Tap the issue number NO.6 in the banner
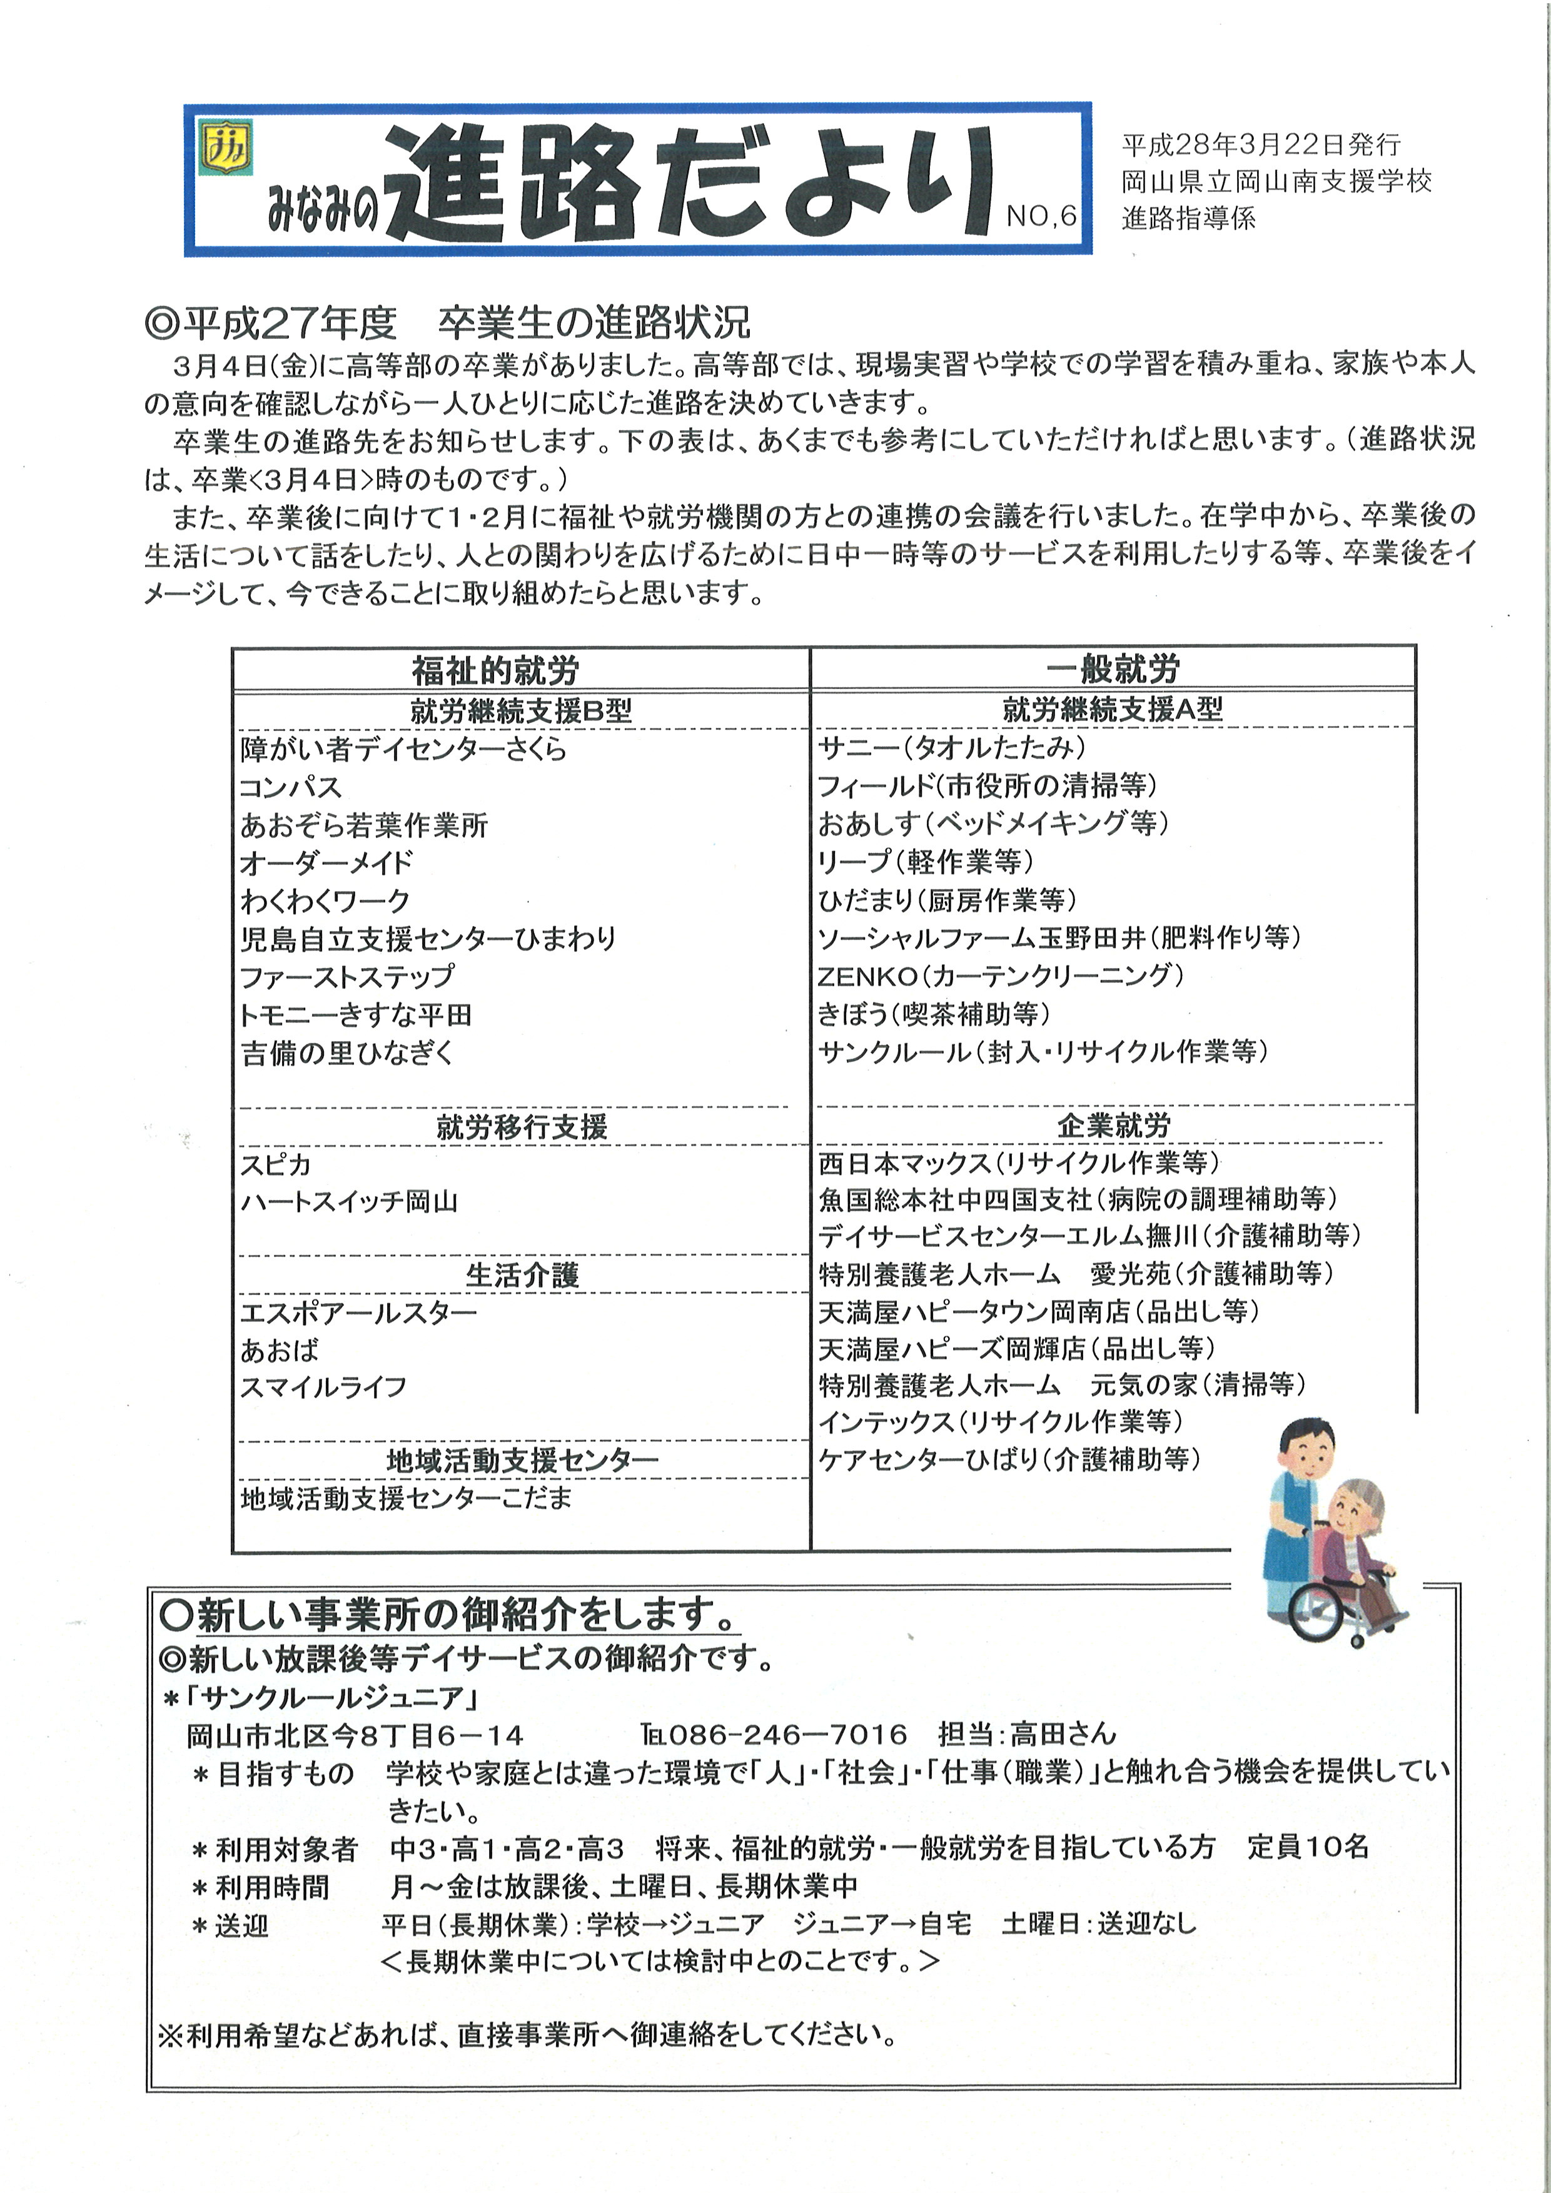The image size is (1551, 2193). pyautogui.click(x=1041, y=217)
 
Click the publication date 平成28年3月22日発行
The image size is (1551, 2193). pyautogui.click(x=1261, y=145)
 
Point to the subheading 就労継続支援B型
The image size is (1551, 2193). pyautogui.click(x=522, y=710)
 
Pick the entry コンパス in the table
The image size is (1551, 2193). pyautogui.click(x=290, y=787)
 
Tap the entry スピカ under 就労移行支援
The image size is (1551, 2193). pyautogui.click(x=276, y=1164)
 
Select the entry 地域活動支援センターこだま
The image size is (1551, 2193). pyautogui.click(x=406, y=1498)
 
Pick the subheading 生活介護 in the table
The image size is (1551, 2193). pyautogui.click(x=522, y=1274)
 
